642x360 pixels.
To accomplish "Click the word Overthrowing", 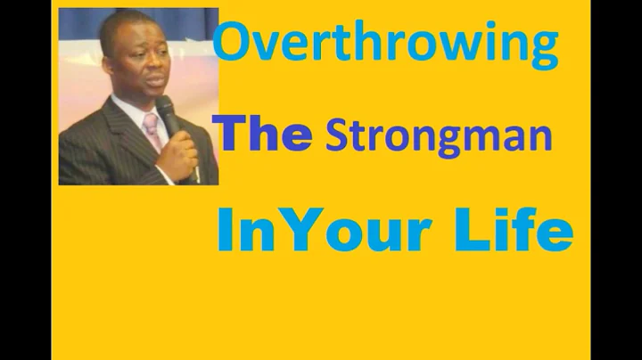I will [x=386, y=46].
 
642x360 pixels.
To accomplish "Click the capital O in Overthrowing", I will [x=235, y=45].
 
